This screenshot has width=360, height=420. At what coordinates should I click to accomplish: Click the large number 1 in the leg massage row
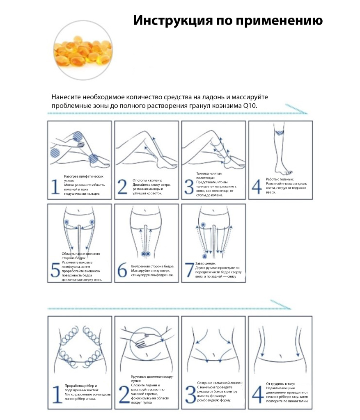pos(55,186)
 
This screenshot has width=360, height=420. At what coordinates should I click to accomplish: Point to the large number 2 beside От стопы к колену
pos(122,186)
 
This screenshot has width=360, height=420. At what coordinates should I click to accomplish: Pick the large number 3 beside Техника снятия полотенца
pos(189,186)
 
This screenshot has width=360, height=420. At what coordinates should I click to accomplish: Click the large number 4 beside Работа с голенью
pos(256,186)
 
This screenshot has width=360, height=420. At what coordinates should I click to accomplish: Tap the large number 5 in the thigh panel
pos(55,270)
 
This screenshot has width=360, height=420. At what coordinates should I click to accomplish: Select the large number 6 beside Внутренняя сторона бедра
pos(122,270)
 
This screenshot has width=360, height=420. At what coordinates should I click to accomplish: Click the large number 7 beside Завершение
pos(189,270)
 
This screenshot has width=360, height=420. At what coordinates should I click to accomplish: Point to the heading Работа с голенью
pos(280,179)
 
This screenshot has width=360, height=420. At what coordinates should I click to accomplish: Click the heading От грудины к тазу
pos(280,383)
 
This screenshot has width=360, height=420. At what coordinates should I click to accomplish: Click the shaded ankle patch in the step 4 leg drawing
pos(280,132)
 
